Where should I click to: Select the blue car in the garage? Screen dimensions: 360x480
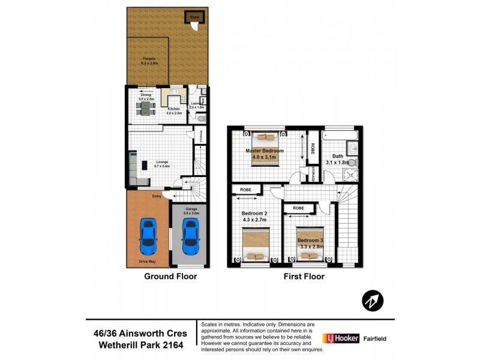(x=191, y=235)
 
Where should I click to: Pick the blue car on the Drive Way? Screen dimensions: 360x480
(x=148, y=235)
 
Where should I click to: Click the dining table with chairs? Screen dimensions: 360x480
(x=146, y=107)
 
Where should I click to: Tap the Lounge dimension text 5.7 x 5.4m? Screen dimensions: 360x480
(x=163, y=166)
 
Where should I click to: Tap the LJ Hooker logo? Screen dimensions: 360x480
(x=341, y=338)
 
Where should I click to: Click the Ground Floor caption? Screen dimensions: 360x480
(x=170, y=277)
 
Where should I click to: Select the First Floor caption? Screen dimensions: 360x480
(x=304, y=277)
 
